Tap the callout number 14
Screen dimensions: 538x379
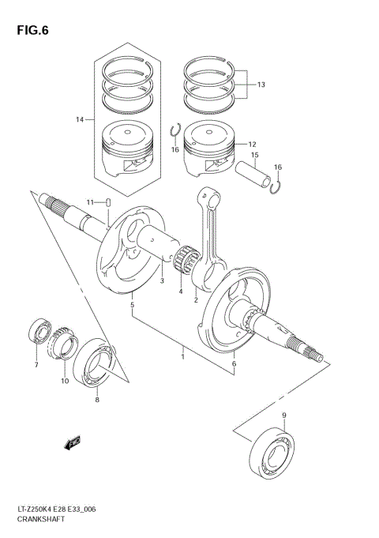[80, 119]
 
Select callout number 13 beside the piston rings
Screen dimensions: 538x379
[261, 85]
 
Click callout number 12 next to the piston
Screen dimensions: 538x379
[253, 145]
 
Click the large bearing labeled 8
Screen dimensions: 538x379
[97, 365]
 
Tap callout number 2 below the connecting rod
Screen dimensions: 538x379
[195, 300]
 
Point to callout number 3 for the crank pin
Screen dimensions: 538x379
[161, 280]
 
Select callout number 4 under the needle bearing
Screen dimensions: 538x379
[181, 291]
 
